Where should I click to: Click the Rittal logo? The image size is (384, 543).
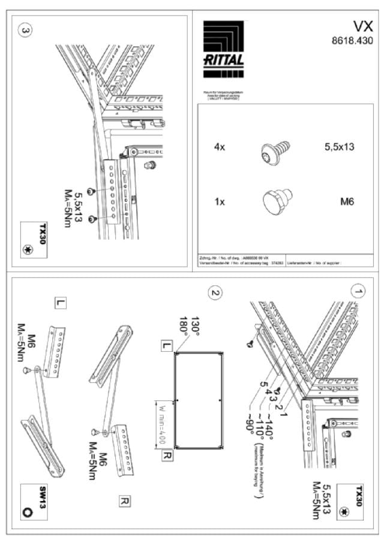tap(223, 45)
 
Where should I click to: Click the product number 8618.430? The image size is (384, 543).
tap(353, 41)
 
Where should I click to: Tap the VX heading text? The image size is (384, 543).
tap(362, 26)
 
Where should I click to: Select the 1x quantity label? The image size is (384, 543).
tap(220, 201)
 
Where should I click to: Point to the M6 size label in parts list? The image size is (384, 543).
tap(347, 201)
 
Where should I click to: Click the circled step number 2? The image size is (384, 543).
tap(214, 293)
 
